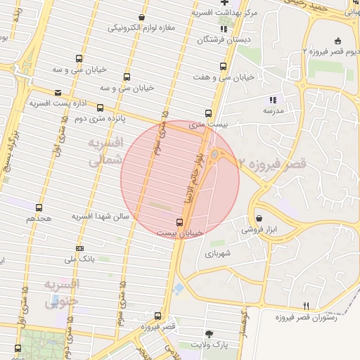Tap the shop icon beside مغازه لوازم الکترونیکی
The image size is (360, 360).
pyautogui.click(x=142, y=17)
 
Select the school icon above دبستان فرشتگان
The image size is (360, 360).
pyautogui.click(x=224, y=29)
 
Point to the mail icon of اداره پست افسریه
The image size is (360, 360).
pyautogui.click(x=58, y=92)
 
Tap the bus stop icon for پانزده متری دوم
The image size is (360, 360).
pyautogui.click(x=100, y=108)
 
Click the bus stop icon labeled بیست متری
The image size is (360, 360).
pyautogui.click(x=207, y=113)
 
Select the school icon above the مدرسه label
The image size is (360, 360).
pyautogui.click(x=273, y=100)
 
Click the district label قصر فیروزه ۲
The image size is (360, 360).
pyautogui.click(x=273, y=164)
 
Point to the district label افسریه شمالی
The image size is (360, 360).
pyautogui.click(x=105, y=152)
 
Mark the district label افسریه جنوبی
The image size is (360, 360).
pyautogui.click(x=62, y=293)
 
